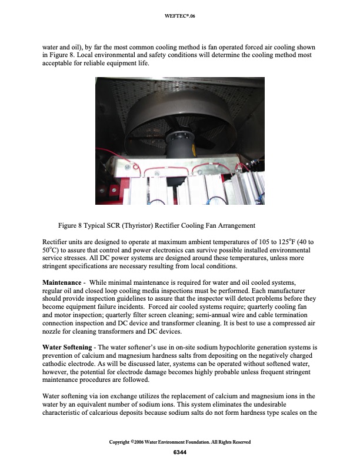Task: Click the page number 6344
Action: coord(180,451)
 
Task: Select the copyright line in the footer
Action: coord(180,442)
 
